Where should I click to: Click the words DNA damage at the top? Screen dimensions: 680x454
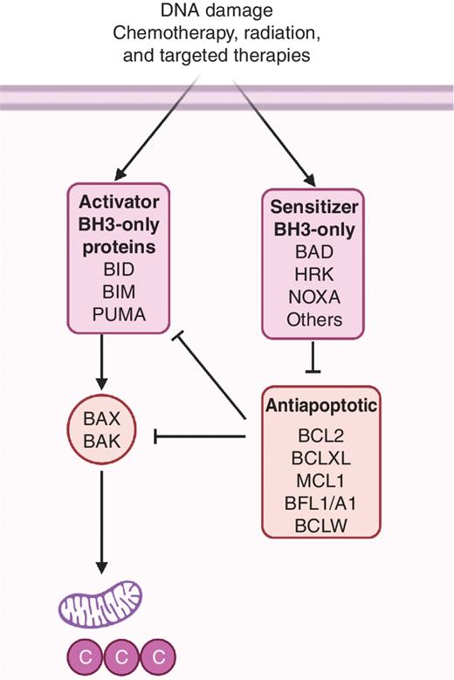[x=226, y=11]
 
